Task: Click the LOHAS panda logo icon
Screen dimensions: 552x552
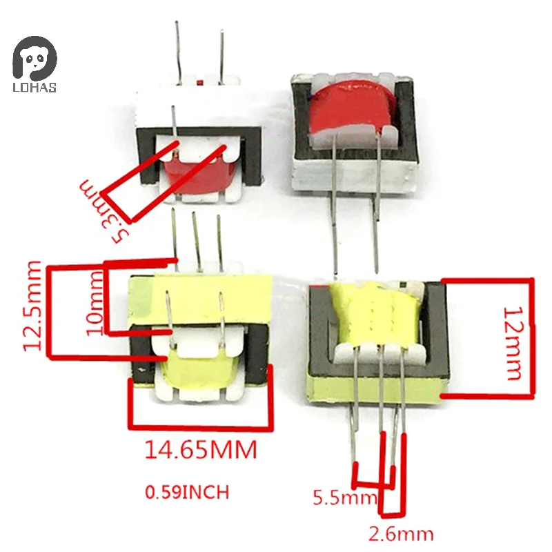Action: pos(34,56)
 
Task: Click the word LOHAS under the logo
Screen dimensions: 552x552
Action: pos(34,87)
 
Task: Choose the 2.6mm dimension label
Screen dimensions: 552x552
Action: pos(402,533)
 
